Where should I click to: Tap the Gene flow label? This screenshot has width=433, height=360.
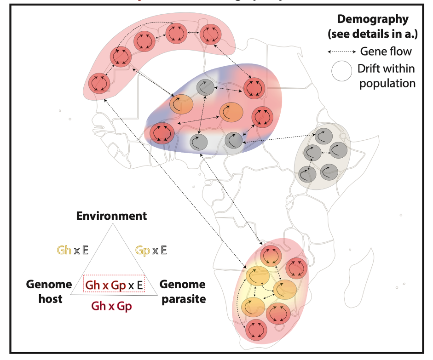coord(386,51)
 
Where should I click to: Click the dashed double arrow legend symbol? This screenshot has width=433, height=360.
coord(341,52)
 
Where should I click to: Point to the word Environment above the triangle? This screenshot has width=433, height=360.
coord(112,216)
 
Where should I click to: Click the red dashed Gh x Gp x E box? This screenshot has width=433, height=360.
coord(114,285)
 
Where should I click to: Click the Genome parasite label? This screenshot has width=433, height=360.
coord(183,291)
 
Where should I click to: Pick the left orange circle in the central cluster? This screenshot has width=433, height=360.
coord(181,104)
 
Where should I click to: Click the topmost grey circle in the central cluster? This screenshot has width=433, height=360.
coord(205,87)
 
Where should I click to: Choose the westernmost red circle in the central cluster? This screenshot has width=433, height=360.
coord(161,133)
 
